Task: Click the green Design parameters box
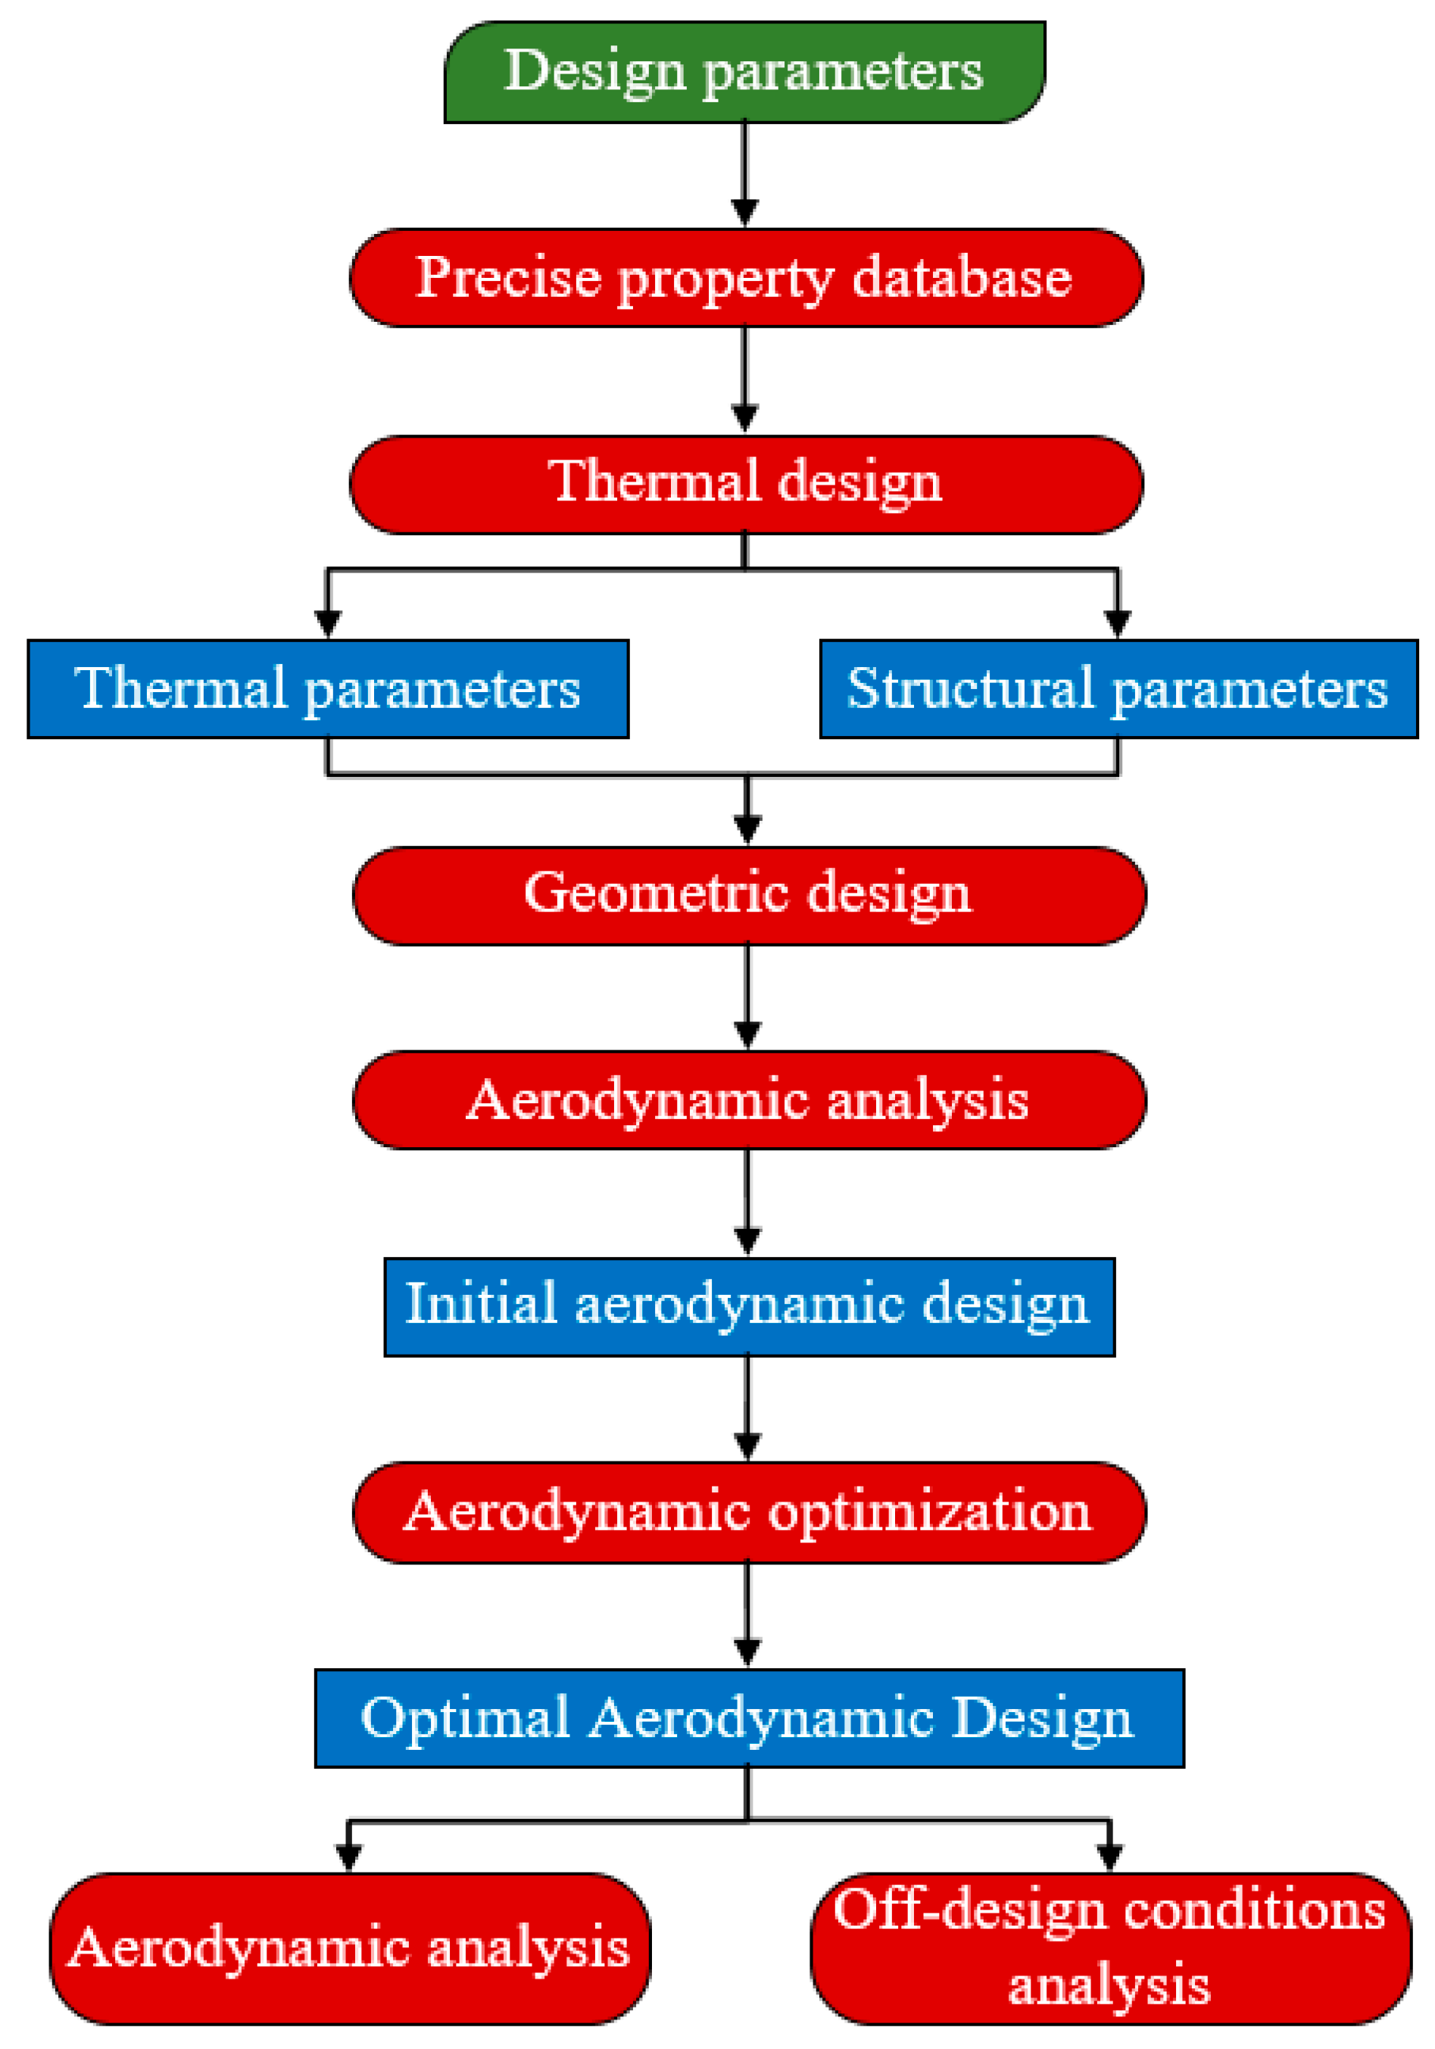point(744,71)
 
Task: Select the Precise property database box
point(746,278)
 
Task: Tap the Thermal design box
point(746,485)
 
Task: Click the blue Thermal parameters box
point(328,689)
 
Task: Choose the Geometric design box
point(749,895)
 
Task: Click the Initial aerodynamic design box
point(749,1306)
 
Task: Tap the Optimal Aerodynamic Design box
point(749,1718)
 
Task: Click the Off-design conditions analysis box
point(1110,1948)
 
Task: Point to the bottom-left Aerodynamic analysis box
point(349,1948)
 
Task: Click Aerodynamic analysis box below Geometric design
point(749,1099)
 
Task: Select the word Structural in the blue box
point(969,688)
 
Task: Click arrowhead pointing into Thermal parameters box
point(328,623)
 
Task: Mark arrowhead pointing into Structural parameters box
point(1117,623)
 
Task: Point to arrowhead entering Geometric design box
point(748,830)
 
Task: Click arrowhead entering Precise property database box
point(744,212)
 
